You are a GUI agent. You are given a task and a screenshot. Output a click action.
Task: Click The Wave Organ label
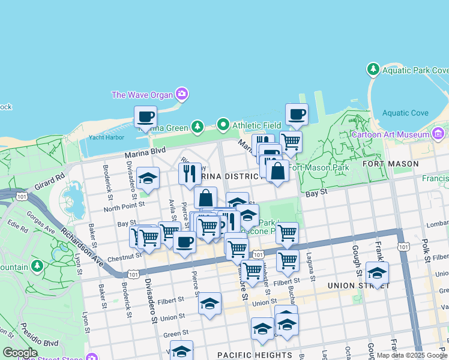(x=142, y=95)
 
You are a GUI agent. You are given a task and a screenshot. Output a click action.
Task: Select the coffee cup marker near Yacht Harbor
(x=145, y=117)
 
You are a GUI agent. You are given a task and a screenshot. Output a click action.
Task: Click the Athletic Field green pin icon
(x=223, y=125)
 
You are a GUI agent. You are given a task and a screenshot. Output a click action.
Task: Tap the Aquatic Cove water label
(x=405, y=113)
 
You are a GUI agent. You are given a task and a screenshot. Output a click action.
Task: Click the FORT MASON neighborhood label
(x=390, y=164)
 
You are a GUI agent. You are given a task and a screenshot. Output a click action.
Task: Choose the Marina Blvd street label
(x=144, y=154)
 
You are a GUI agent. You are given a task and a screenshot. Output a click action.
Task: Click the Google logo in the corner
(x=20, y=353)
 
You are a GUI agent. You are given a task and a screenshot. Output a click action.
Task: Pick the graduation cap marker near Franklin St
(x=377, y=273)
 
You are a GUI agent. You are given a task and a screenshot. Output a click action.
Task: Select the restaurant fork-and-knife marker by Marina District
(x=190, y=173)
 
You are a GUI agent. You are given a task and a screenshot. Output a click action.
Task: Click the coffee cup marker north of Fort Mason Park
(x=297, y=114)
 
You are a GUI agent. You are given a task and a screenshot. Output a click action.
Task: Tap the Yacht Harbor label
(x=106, y=137)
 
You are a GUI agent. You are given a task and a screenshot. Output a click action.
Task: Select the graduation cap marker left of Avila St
(x=148, y=178)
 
